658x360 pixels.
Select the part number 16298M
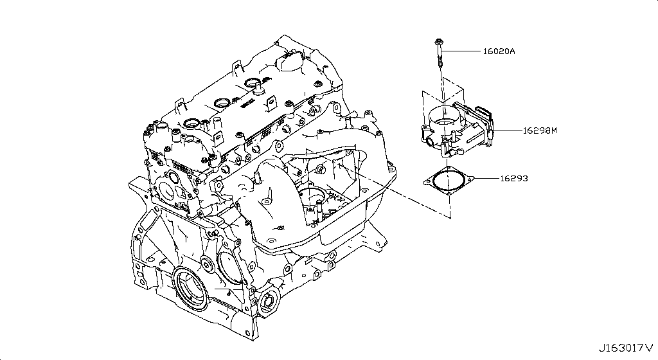tap(539, 130)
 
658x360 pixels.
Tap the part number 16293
tap(513, 178)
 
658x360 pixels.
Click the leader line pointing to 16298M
tap(507, 130)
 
